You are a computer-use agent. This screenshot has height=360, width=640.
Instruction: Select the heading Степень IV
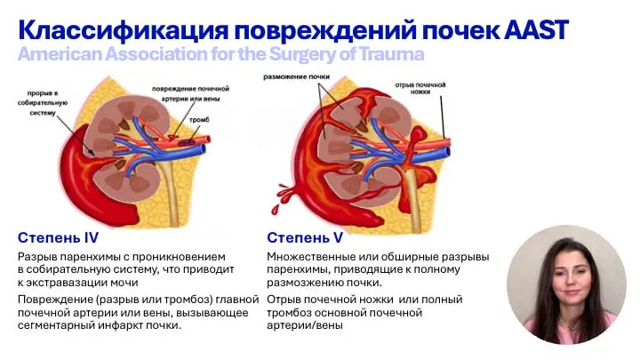[x=58, y=237]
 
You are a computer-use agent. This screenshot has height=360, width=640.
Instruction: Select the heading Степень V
[x=305, y=237]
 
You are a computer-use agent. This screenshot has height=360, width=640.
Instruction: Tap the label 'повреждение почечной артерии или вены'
[x=190, y=94]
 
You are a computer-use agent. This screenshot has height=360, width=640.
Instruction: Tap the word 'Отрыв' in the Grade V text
[x=285, y=299]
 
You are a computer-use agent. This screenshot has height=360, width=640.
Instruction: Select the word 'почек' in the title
[x=439, y=29]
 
